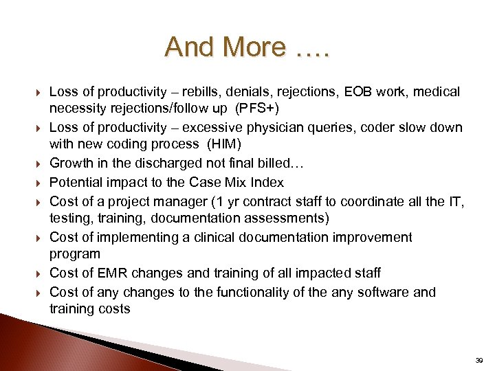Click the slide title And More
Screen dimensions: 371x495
coord(247,47)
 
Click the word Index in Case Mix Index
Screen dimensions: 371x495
coord(267,183)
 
